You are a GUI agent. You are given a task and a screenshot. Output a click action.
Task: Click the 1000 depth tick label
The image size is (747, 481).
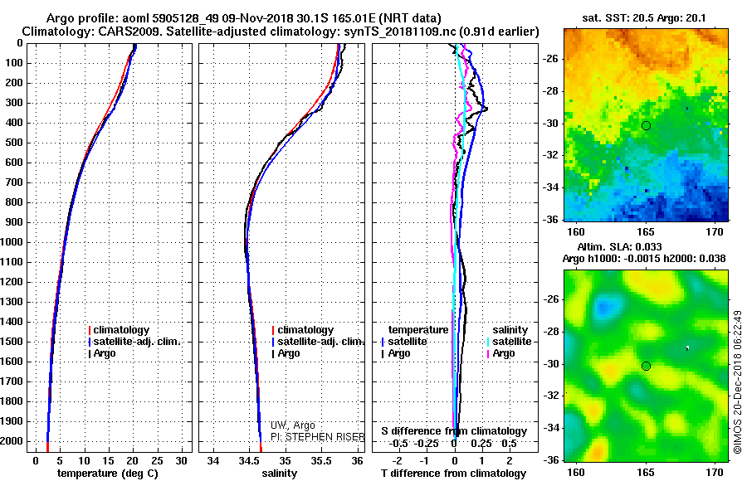point(12,242)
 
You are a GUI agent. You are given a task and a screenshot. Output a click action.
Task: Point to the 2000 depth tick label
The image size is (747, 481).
point(12,441)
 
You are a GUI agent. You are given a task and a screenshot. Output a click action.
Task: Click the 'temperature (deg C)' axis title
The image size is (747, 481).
point(108,474)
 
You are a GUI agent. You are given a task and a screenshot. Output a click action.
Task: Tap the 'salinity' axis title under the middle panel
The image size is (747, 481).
point(280,474)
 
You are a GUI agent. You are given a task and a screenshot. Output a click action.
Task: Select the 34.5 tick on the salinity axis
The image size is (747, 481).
point(248,461)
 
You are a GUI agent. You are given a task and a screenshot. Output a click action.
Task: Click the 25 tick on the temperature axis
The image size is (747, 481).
point(157,461)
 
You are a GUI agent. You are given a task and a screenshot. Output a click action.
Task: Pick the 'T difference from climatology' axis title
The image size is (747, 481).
point(453,474)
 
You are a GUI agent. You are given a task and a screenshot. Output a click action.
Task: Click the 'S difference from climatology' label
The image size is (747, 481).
point(454,431)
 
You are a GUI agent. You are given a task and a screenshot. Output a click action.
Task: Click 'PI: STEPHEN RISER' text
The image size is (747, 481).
point(318,437)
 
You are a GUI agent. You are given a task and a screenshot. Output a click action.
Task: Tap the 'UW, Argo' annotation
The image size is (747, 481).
point(292,425)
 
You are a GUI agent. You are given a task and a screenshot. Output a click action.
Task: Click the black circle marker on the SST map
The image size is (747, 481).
point(646,126)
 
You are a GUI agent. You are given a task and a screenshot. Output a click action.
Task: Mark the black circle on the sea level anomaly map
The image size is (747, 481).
point(646,367)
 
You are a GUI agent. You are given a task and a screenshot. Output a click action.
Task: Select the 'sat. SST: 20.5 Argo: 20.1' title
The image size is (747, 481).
point(644,18)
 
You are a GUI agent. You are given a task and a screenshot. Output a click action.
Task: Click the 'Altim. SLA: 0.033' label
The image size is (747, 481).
point(619,246)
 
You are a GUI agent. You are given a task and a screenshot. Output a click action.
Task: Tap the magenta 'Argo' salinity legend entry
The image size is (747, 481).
point(500,353)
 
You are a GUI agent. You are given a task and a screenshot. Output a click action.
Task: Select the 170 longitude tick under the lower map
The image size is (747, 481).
point(715,473)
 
